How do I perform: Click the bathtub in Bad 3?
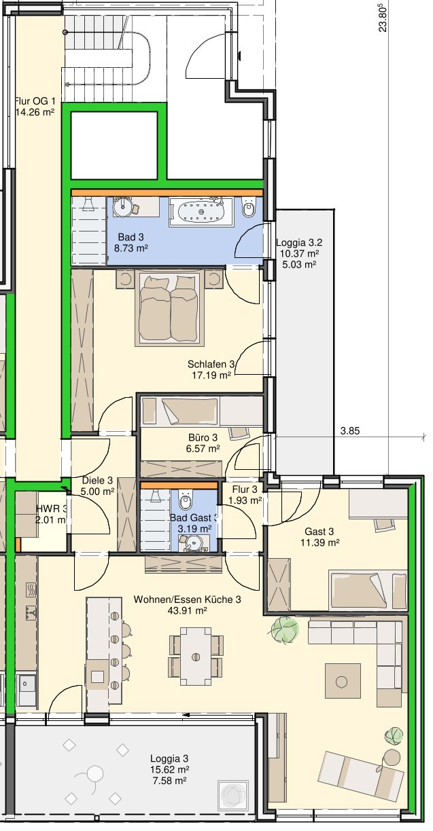pos(201,212)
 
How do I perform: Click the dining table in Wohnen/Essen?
pos(196,657)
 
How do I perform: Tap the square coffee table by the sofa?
pos(343,682)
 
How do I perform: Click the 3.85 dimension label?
pos(350,431)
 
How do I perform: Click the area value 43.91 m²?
pos(187,610)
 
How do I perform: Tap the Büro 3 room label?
pos(203,438)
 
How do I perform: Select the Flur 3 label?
pos(245,490)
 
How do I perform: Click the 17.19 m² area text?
pos(211,375)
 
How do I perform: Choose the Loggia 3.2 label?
pos(299,242)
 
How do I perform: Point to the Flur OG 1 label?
pos(35,100)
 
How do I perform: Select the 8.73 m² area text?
pos(131,248)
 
